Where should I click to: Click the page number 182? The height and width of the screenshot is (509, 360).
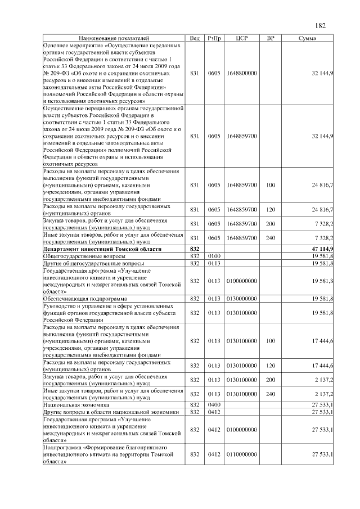[321, 26]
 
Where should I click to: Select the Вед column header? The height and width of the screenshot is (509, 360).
[195, 38]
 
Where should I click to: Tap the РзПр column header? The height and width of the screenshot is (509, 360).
[214, 38]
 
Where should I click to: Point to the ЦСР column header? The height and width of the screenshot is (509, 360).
[241, 38]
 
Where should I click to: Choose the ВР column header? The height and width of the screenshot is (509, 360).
[271, 38]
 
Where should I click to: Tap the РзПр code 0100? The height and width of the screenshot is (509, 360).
[214, 256]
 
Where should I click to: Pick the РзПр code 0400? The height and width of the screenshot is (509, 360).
[214, 405]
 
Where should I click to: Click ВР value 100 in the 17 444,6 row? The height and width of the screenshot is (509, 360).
[271, 341]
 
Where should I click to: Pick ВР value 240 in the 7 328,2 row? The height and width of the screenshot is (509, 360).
[271, 238]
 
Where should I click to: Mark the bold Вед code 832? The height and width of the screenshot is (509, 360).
[195, 249]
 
